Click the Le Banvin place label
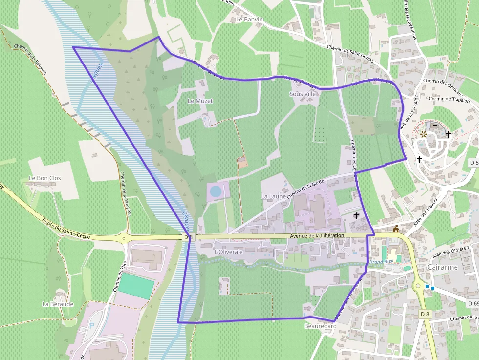tap(249, 20)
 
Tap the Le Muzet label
tap(200, 101)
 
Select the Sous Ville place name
tap(303, 94)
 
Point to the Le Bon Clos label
tap(45, 178)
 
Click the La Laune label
tap(273, 196)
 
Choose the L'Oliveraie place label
tap(229, 252)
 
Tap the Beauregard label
tap(321, 326)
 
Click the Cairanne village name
tap(442, 267)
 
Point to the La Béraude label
tap(58, 304)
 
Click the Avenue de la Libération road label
tap(317, 235)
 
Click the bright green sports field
tap(136, 286)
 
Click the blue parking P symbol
tap(93, 313)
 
